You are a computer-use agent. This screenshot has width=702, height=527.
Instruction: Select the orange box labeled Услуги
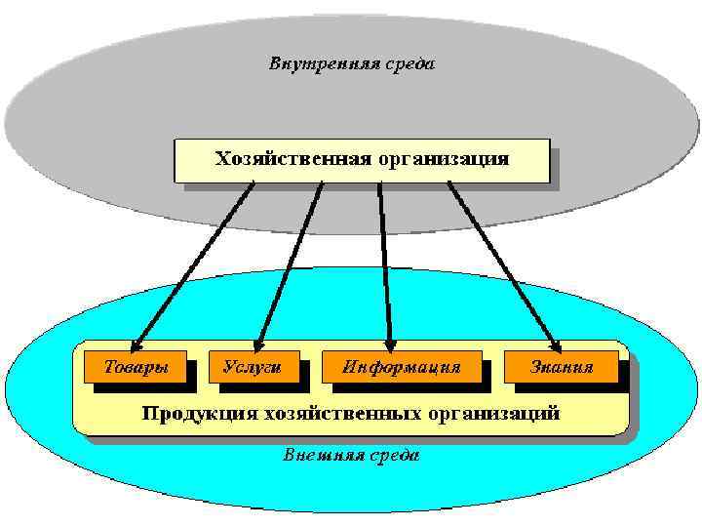coord(253,367)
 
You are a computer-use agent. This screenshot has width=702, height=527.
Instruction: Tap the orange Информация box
coord(402,367)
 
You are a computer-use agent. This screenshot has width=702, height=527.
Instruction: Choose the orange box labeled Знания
coord(562,367)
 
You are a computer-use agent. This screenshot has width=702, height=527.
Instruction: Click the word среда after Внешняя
coord(395,455)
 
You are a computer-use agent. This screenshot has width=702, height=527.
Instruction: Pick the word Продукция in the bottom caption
coord(189,413)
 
